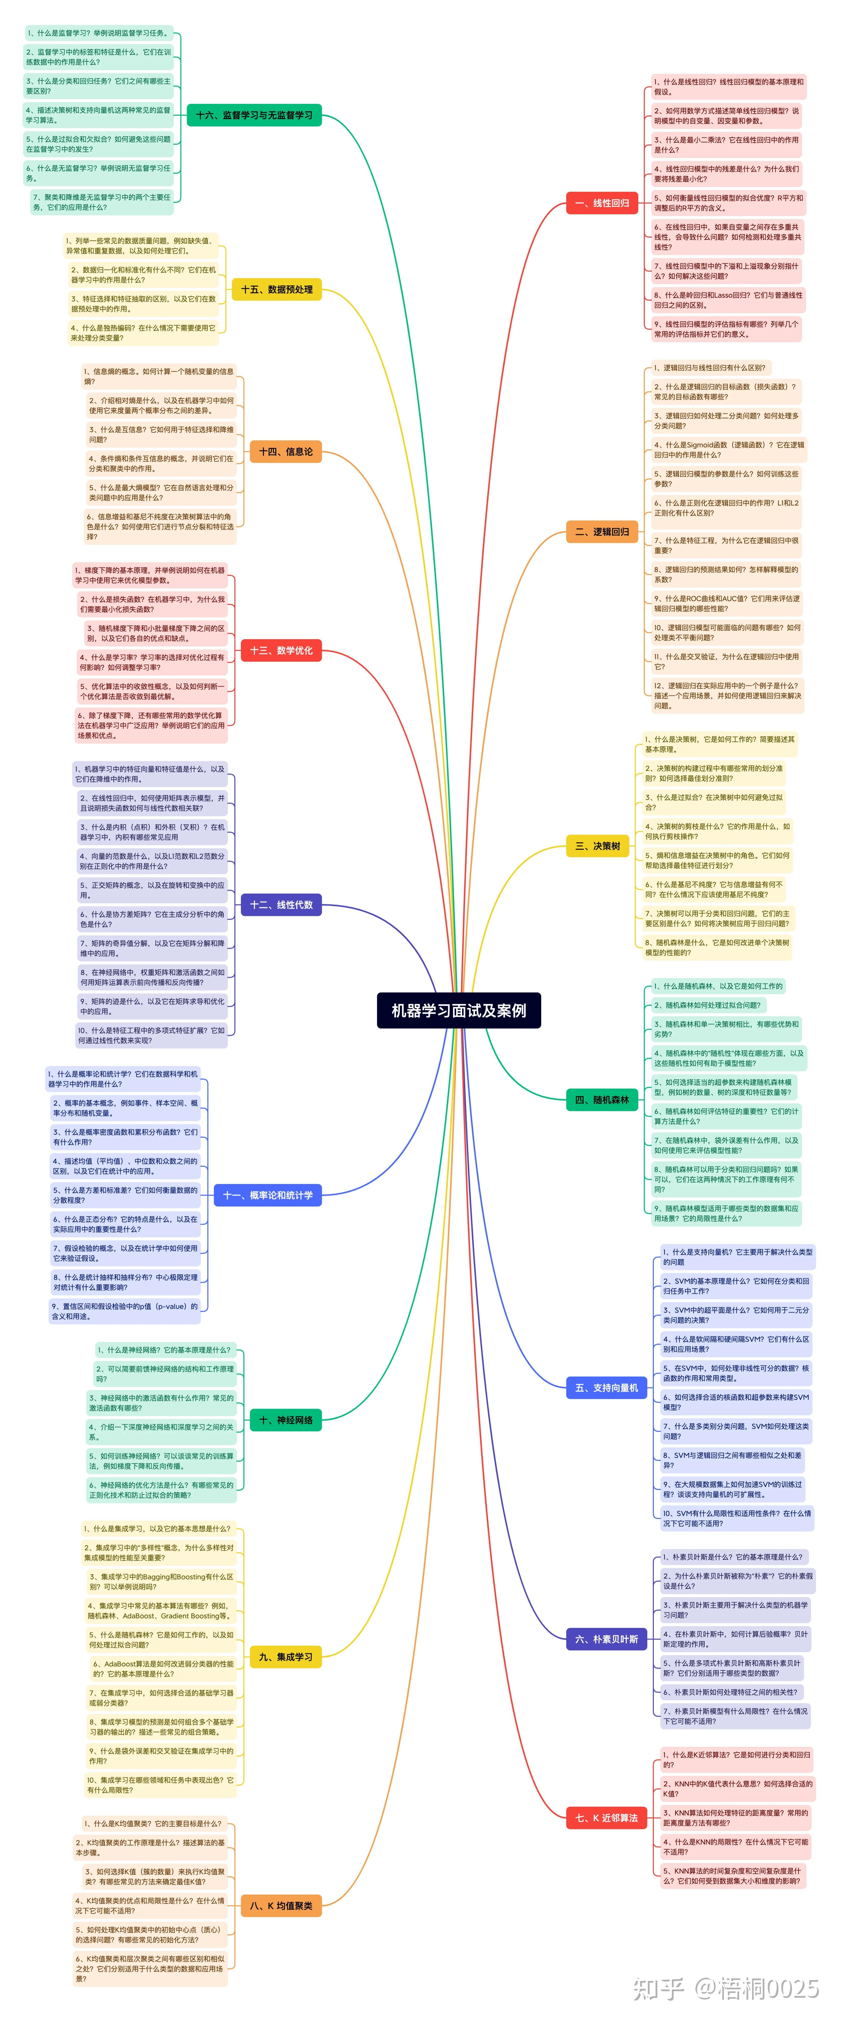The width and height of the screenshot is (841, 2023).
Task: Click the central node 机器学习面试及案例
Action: tap(459, 1010)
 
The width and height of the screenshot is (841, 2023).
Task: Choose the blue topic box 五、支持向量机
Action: tap(606, 1388)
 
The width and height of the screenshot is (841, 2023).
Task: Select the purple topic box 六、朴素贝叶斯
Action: tap(606, 1639)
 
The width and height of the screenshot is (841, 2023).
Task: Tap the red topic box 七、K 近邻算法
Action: tap(606, 1817)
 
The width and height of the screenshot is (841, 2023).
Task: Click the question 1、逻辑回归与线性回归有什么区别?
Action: tap(709, 367)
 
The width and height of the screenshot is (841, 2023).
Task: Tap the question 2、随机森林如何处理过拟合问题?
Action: tap(707, 1005)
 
